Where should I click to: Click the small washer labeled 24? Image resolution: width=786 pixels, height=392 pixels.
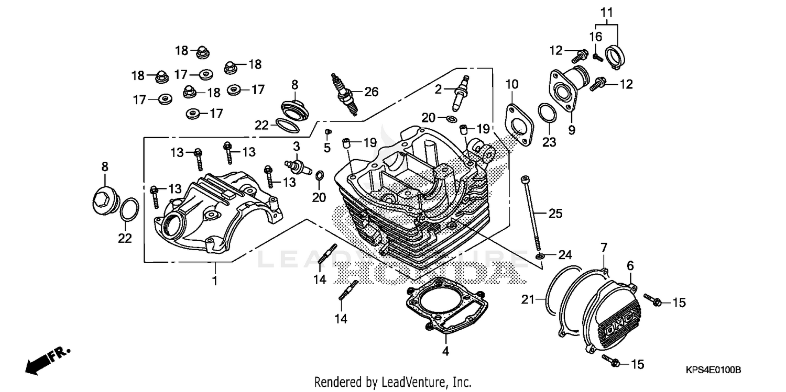pos(539,256)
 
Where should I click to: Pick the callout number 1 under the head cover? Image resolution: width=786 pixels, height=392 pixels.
pos(214,281)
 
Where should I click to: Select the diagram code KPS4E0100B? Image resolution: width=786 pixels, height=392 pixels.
pos(714,370)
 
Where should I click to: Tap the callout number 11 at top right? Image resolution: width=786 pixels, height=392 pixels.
pos(606,12)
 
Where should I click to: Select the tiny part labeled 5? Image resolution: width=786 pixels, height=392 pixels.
pos(327,131)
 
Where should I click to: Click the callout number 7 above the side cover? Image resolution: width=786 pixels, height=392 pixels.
pos(604,247)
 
